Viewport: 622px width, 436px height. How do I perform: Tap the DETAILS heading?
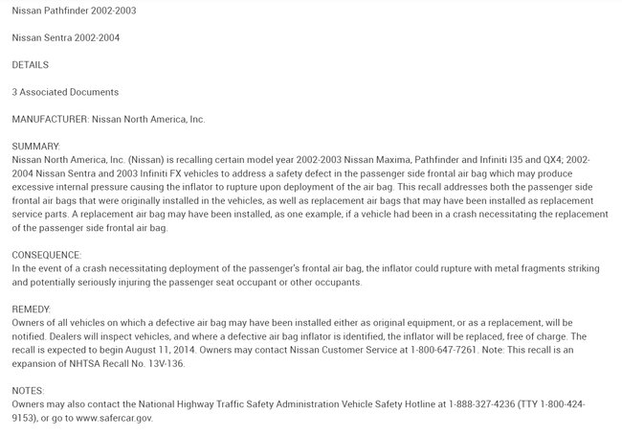[x=30, y=64]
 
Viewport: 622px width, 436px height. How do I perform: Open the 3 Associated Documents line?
[x=64, y=92]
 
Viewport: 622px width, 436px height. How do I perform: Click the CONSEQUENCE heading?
[x=46, y=255]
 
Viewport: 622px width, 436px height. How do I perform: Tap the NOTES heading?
[x=28, y=391]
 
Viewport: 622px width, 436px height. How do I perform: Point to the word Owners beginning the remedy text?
[x=30, y=323]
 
